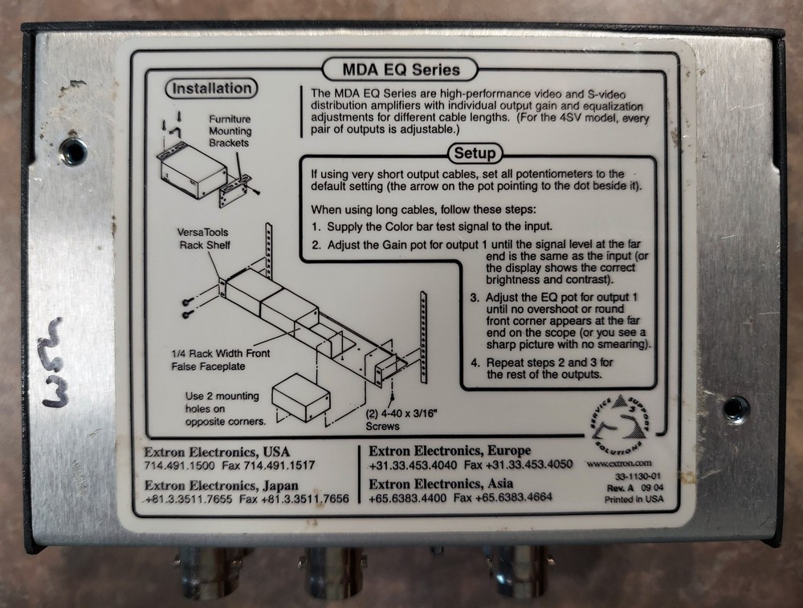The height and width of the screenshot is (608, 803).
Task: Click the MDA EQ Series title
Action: click(x=401, y=70)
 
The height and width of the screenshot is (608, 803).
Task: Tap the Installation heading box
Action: click(x=211, y=88)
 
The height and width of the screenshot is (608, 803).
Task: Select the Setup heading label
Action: click(x=475, y=153)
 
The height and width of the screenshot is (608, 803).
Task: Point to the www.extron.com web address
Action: click(x=619, y=464)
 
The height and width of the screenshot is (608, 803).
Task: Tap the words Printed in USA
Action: click(x=634, y=500)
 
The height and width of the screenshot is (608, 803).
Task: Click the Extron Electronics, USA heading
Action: click(x=217, y=452)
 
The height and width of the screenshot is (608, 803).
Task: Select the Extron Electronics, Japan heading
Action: click(x=222, y=485)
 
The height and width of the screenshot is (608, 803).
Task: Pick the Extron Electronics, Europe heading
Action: click(x=450, y=451)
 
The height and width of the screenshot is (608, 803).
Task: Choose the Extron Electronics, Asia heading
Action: click(x=441, y=484)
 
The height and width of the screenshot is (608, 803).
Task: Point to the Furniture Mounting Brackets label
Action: click(x=230, y=131)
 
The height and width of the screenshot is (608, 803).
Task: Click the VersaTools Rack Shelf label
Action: click(x=204, y=239)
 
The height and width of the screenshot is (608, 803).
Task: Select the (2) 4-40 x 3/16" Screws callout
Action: click(x=399, y=420)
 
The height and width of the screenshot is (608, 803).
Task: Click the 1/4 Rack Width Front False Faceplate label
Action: click(x=221, y=360)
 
